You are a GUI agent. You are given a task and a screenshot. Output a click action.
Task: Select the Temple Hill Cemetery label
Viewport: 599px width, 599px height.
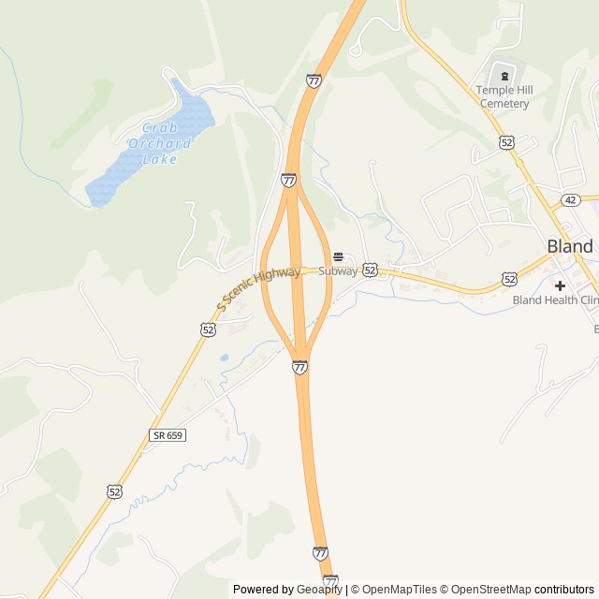tap(504, 96)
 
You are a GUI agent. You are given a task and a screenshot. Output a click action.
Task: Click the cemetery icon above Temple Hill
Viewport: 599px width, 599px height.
tap(504, 76)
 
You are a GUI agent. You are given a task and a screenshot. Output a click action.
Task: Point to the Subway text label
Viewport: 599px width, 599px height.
tap(338, 271)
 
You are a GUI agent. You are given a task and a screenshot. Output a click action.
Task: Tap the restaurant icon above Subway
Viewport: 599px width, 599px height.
tap(338, 256)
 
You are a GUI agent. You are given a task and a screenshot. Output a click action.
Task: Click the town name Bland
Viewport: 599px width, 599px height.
tap(569, 246)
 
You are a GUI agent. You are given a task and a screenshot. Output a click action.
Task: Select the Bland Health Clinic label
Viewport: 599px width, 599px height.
tap(555, 300)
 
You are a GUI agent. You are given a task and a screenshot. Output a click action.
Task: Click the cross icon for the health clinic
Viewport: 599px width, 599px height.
tap(560, 285)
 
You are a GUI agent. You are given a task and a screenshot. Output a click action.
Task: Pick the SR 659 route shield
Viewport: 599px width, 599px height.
tap(168, 435)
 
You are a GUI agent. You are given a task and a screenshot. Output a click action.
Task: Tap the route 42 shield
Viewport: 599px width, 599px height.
tap(570, 200)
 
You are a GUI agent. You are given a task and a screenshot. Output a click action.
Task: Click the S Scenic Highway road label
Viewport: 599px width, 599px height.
tap(258, 288)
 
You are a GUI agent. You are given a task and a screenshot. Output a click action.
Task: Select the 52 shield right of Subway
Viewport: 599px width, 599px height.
tap(371, 270)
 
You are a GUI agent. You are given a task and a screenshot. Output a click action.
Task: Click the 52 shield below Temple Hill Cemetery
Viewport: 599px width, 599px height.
tap(506, 141)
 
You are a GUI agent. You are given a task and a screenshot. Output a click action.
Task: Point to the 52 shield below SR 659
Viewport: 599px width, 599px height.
tap(114, 490)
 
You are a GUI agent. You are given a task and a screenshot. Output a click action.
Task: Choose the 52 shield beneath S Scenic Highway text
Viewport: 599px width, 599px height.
tap(207, 329)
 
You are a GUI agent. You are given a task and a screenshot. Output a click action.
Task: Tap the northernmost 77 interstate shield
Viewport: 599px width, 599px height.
tap(314, 80)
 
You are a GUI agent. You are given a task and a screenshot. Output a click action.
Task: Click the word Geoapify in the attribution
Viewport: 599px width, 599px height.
tap(319, 590)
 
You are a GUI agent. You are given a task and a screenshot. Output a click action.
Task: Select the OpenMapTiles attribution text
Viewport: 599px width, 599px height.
tap(400, 590)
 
